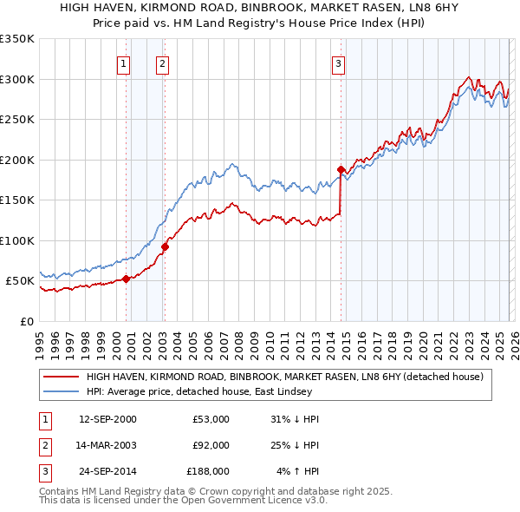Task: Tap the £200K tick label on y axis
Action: (17, 160)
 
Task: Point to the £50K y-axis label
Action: (20, 281)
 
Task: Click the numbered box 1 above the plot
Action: (124, 62)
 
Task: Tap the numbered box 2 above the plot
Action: (162, 62)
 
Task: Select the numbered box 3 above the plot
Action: (338, 62)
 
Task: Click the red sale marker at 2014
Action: (341, 169)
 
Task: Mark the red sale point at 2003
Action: (165, 246)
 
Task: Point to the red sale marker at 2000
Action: (127, 279)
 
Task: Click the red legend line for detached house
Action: (62, 377)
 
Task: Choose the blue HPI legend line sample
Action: (62, 391)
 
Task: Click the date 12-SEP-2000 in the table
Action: (107, 419)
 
